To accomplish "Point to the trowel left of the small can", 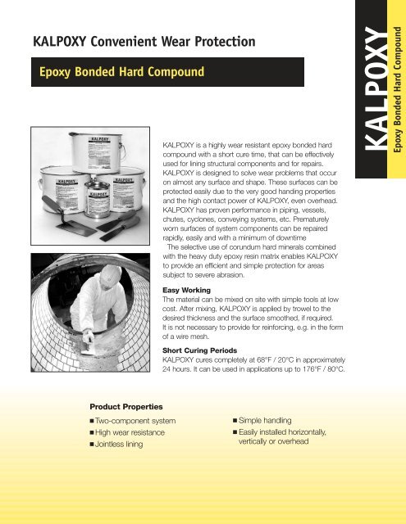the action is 79,206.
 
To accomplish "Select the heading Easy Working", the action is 189,290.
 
